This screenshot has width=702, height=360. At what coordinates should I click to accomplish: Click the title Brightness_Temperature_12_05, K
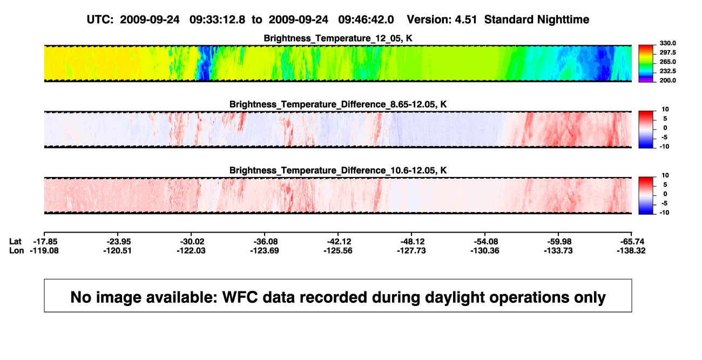click(338, 38)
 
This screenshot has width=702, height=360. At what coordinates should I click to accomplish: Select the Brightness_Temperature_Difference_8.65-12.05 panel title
click(338, 104)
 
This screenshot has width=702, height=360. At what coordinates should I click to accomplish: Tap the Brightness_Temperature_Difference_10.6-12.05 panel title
click(338, 171)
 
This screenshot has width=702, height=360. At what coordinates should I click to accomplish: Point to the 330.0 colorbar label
click(667, 43)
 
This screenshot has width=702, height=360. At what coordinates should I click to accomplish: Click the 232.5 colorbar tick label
click(667, 71)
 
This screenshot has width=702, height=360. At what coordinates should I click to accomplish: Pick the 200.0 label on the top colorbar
click(667, 80)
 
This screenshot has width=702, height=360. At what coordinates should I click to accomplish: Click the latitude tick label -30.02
click(192, 242)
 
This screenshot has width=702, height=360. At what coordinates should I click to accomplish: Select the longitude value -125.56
click(338, 250)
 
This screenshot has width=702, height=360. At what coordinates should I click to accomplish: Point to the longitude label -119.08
click(44, 250)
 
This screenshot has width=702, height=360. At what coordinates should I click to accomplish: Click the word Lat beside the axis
click(15, 242)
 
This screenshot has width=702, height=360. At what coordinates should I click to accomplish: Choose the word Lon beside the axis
click(17, 250)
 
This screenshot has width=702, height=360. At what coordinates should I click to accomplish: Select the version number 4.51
click(466, 20)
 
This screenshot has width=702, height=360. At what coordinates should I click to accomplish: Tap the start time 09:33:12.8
click(217, 20)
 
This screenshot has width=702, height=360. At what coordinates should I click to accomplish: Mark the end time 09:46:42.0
click(366, 20)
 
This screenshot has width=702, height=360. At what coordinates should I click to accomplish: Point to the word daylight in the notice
click(455, 297)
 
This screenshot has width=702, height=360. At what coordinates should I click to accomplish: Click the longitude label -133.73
click(558, 250)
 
